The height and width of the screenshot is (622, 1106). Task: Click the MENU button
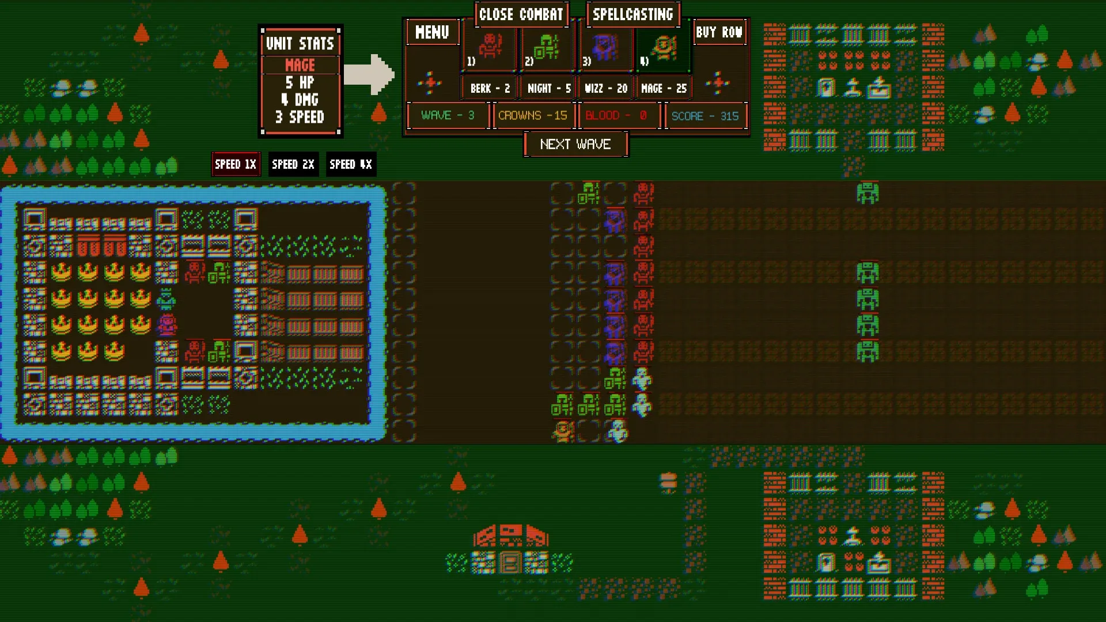point(432,32)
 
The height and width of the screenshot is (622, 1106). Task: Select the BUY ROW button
point(719,32)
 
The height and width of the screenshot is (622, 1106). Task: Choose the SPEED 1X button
point(236,164)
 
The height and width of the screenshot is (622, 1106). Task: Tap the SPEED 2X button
point(293,164)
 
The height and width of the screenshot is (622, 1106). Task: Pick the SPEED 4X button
point(351,164)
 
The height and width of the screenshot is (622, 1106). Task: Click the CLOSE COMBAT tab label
point(521,14)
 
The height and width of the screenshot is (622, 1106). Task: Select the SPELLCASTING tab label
point(633,14)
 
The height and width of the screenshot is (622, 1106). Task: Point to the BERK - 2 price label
point(490,88)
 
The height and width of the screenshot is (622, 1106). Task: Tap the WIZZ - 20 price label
point(606,88)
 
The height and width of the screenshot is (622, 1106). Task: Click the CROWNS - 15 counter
point(533,115)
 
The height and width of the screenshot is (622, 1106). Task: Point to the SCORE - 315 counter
point(705,116)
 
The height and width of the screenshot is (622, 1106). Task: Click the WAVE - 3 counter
point(448,115)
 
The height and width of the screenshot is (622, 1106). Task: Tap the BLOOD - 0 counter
point(616,115)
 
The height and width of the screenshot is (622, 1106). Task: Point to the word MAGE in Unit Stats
point(300,65)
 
